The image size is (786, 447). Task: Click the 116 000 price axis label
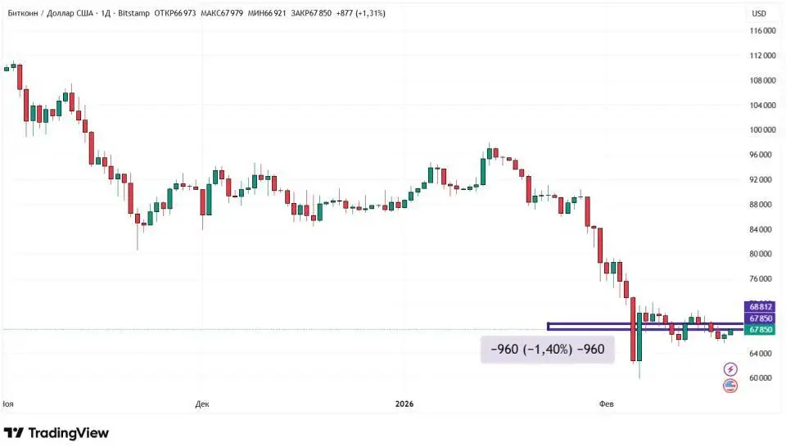763,31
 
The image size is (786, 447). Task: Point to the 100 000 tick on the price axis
763,130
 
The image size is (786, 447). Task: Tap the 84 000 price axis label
763,229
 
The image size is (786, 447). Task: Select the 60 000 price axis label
763,378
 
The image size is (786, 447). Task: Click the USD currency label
759,13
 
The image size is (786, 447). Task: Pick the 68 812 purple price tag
761,307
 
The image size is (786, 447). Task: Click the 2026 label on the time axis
404,404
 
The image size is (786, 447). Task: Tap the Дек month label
203,404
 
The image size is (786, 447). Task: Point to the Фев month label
607,404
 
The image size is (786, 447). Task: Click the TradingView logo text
69,432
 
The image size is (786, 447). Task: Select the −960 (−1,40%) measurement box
547,350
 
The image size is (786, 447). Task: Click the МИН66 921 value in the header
265,13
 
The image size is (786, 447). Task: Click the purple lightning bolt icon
730,370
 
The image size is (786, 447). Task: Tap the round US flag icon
730,386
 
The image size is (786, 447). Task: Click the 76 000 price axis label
763,279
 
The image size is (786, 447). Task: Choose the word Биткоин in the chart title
21,13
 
